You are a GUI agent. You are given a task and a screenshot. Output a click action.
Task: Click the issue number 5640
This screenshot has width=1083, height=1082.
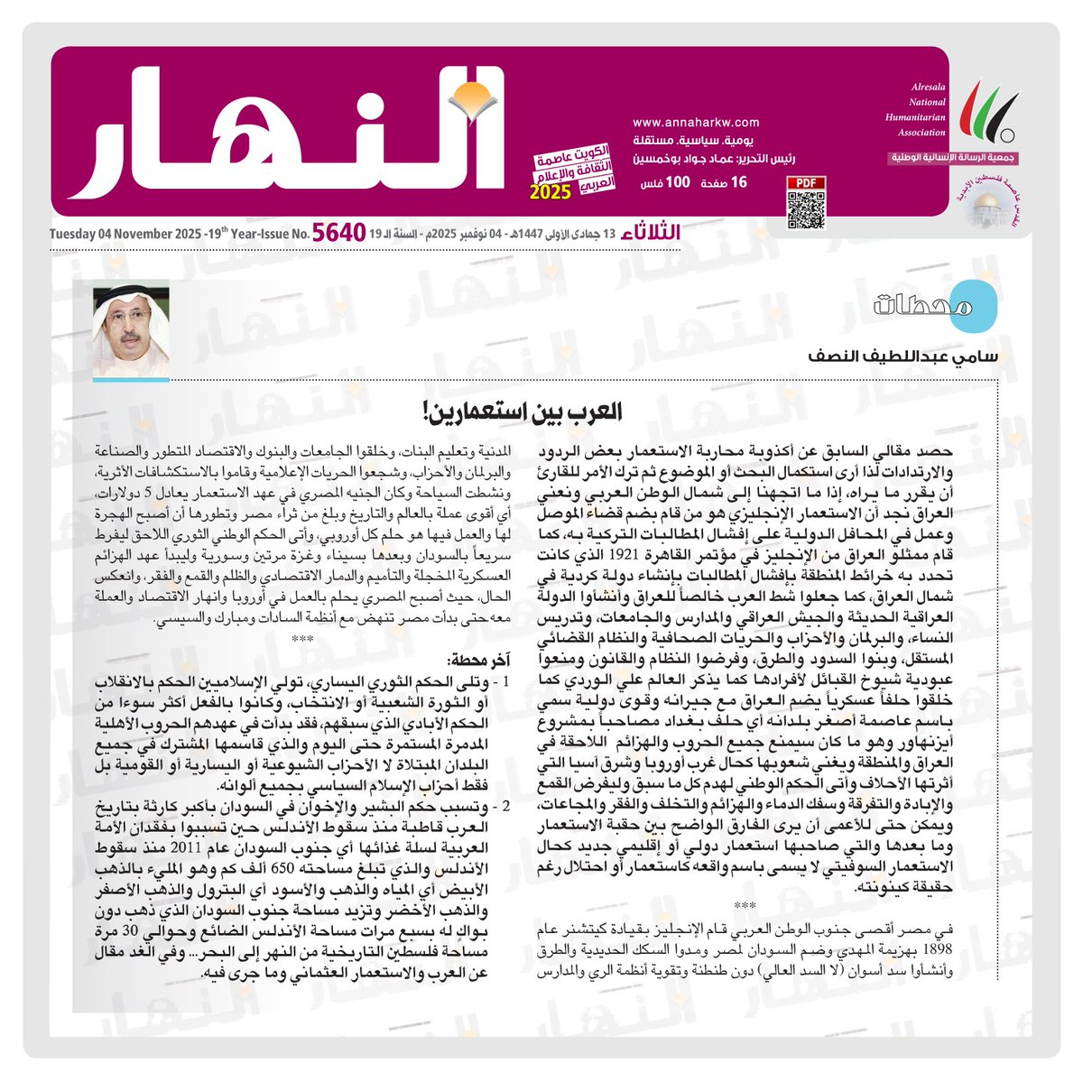point(339,234)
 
